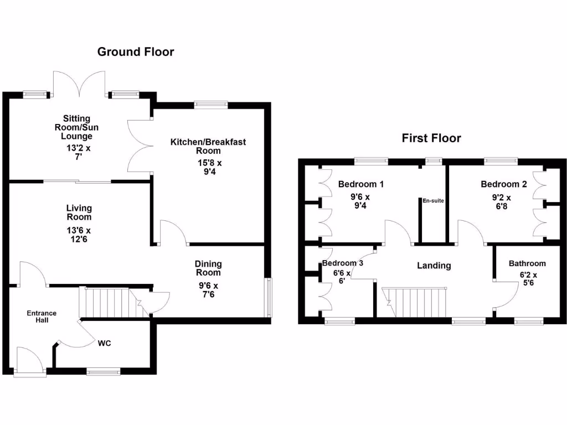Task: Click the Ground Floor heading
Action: tap(136, 52)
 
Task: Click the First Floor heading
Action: tap(431, 138)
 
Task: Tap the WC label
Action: tap(105, 343)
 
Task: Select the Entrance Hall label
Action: tap(42, 317)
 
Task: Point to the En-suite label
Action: tap(434, 201)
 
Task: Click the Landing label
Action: tap(434, 266)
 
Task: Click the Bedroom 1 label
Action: tap(361, 184)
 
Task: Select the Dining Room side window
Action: tap(269, 297)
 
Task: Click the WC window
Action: tap(104, 371)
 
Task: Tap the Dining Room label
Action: tap(208, 268)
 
